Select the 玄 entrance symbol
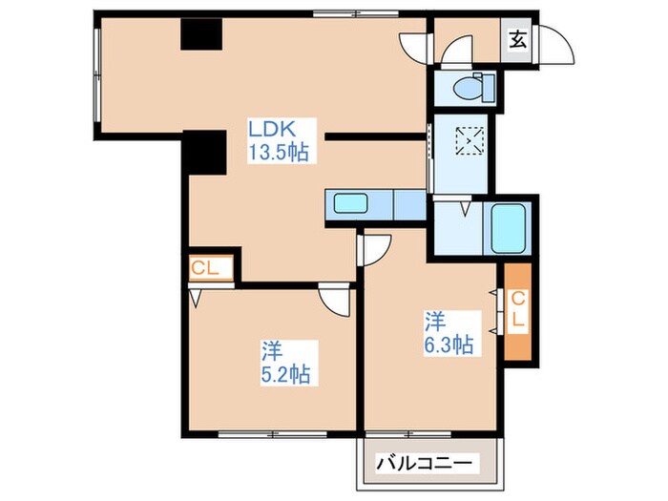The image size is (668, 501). (516, 39)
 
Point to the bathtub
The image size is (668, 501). (510, 228)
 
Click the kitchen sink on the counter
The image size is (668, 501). (352, 203)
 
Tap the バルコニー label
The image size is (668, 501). (427, 464)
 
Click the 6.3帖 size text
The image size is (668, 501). (449, 345)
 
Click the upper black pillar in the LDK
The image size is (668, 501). (201, 34)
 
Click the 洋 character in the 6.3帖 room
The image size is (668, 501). (434, 321)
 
